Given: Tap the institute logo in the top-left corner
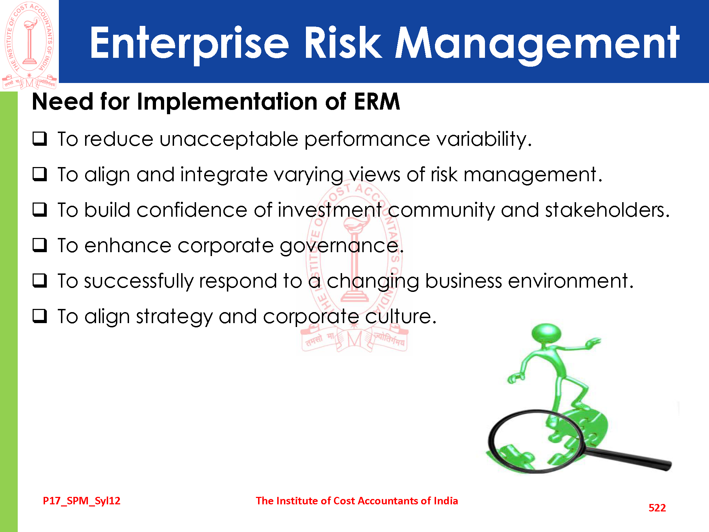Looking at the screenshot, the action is (x=29, y=45).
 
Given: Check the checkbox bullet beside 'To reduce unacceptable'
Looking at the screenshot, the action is (x=40, y=139).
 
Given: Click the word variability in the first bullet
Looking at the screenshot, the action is (x=484, y=139).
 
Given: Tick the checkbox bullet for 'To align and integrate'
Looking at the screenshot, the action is (x=40, y=174).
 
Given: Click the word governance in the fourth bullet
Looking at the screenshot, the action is (x=342, y=246).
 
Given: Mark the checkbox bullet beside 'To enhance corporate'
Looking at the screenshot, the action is (x=40, y=245).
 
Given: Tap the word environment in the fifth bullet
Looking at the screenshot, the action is (x=571, y=281).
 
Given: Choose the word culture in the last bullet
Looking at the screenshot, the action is (x=401, y=316).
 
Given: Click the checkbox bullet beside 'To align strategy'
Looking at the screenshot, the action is (x=40, y=316).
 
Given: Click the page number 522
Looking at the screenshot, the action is (x=657, y=508).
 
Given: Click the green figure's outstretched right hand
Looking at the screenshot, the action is (x=593, y=342).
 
